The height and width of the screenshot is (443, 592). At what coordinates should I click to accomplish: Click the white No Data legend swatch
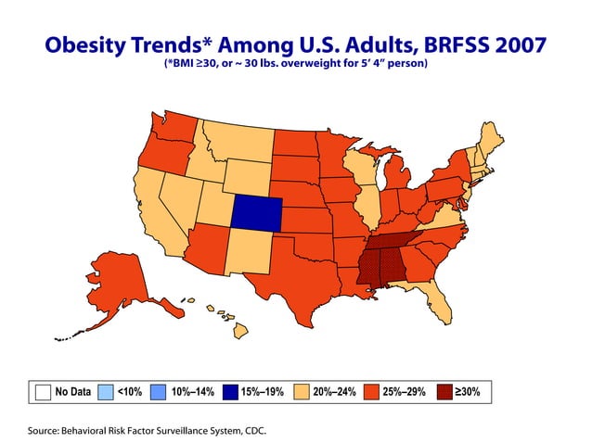click(42, 391)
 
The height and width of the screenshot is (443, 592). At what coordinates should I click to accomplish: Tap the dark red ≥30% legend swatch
click(446, 391)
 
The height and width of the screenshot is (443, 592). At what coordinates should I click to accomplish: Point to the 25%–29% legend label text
click(404, 392)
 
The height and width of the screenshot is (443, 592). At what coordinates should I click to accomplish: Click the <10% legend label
click(128, 392)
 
